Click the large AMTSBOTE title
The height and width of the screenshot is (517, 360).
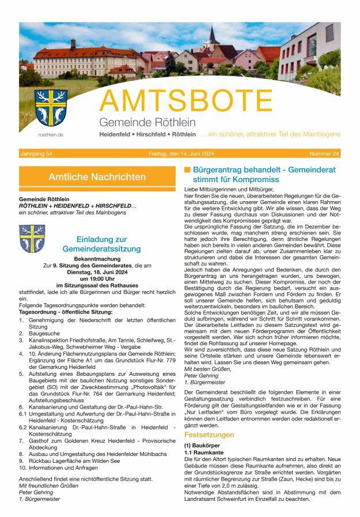(x=186, y=101)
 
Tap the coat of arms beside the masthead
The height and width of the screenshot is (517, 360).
(x=51, y=108)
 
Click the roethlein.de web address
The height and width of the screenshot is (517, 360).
(x=51, y=134)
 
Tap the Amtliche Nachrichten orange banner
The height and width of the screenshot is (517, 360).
(x=97, y=177)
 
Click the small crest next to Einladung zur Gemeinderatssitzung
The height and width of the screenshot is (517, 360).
(x=32, y=239)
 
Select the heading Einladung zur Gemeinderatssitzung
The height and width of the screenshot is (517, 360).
(x=109, y=244)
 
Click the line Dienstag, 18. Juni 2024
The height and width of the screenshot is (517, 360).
(x=97, y=272)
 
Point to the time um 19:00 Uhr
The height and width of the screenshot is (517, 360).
(x=97, y=278)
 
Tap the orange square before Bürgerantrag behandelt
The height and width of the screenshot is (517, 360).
(x=187, y=170)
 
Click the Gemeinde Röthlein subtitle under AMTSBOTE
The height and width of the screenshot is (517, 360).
(x=147, y=122)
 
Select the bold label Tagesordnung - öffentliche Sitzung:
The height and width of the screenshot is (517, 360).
(x=65, y=312)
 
